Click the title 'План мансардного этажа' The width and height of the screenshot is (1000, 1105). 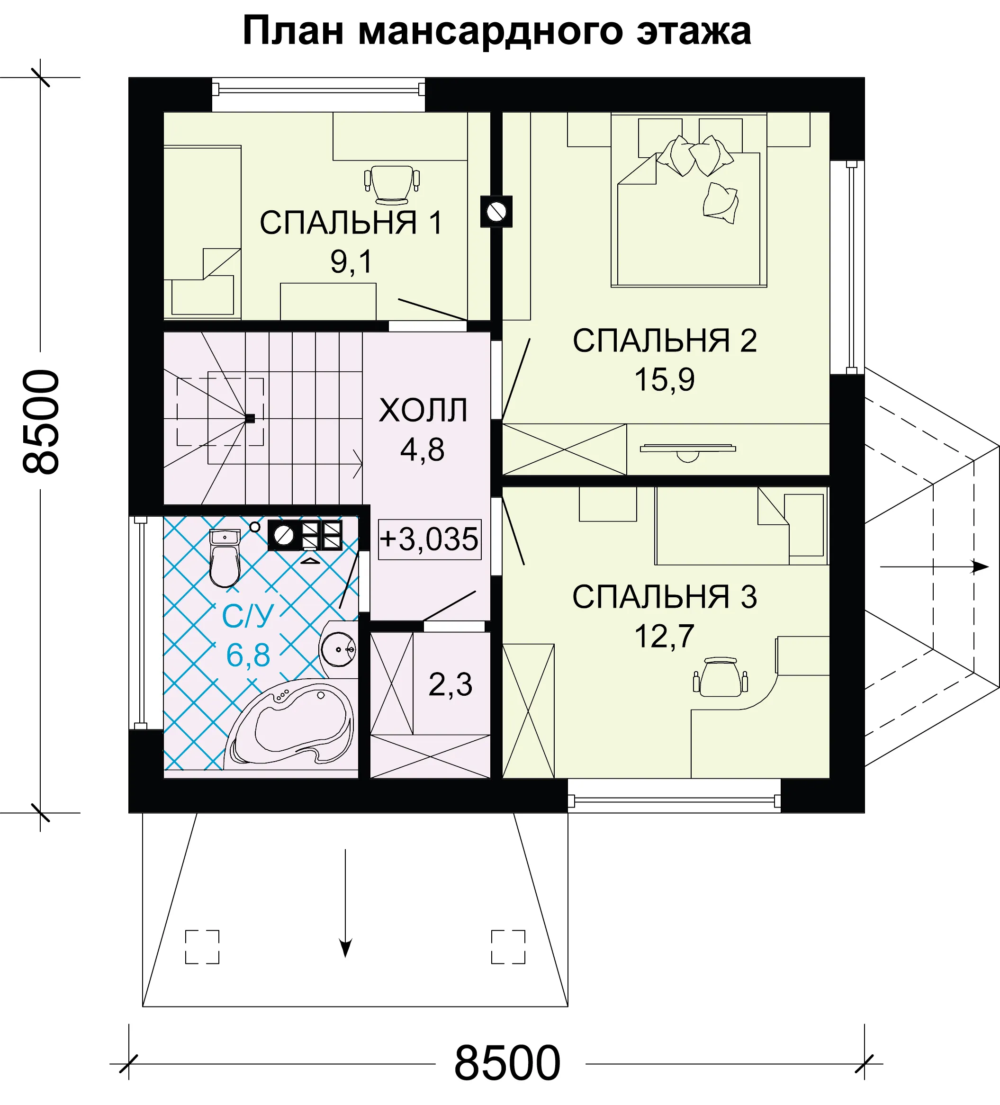click(x=497, y=32)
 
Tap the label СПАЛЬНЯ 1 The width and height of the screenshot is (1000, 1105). click(x=351, y=223)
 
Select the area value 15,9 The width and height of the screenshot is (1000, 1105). click(x=665, y=379)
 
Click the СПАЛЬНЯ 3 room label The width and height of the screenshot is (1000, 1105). click(x=665, y=596)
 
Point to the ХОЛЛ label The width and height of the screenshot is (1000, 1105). click(x=423, y=410)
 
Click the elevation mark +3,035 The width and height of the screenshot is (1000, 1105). click(x=429, y=539)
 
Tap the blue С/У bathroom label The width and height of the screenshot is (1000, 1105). click(x=248, y=616)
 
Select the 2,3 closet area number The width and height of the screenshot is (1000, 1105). click(x=450, y=684)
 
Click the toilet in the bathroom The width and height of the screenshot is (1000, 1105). click(x=225, y=557)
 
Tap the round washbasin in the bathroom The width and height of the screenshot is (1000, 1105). click(x=338, y=649)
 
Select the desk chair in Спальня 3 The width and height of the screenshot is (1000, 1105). click(x=721, y=677)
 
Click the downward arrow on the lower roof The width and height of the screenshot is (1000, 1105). click(x=345, y=903)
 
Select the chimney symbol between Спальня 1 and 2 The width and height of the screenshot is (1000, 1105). click(x=496, y=212)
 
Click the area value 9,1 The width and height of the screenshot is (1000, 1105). click(x=351, y=261)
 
